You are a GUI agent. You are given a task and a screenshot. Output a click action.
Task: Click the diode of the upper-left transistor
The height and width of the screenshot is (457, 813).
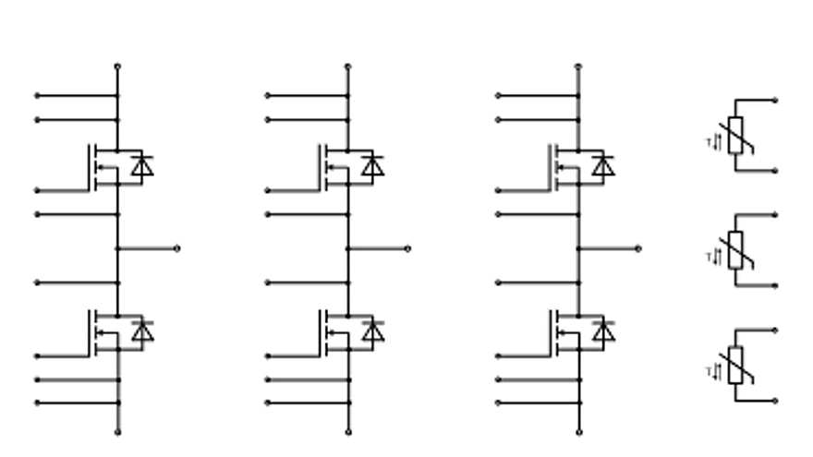[141, 166]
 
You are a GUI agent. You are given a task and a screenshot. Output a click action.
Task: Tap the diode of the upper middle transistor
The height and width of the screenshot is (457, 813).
[372, 166]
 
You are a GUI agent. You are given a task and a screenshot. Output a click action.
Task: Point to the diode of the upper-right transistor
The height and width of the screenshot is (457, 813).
[602, 166]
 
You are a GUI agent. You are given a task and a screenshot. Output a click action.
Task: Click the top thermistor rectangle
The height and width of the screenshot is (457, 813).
[735, 136]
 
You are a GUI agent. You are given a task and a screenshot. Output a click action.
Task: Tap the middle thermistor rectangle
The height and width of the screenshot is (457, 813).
[735, 250]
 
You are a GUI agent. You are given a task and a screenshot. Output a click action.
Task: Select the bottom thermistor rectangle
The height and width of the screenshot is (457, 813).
[735, 365]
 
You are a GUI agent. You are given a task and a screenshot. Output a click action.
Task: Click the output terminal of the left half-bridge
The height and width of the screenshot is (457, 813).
[176, 248]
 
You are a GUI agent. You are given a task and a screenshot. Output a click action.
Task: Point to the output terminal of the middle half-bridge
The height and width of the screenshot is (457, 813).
[407, 248]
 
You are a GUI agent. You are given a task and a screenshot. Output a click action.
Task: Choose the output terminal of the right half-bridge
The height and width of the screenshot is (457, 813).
[637, 248]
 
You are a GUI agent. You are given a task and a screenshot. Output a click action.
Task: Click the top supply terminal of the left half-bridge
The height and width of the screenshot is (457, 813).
[117, 66]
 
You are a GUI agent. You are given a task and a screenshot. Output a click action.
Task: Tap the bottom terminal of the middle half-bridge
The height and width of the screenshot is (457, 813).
[348, 431]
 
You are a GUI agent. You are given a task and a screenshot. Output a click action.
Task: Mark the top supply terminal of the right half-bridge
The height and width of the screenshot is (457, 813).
[578, 66]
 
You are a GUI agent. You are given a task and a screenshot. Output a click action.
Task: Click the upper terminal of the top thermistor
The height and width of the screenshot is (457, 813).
[774, 101]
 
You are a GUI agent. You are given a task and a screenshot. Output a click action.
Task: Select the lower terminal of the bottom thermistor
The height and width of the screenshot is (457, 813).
[774, 401]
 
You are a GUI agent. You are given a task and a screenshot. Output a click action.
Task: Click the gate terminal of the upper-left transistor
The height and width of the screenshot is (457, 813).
[38, 190]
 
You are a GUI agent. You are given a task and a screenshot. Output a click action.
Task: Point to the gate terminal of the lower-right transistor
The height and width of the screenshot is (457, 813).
[499, 355]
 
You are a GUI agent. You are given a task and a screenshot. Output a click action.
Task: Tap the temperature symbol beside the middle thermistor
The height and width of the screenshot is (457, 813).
[713, 256]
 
